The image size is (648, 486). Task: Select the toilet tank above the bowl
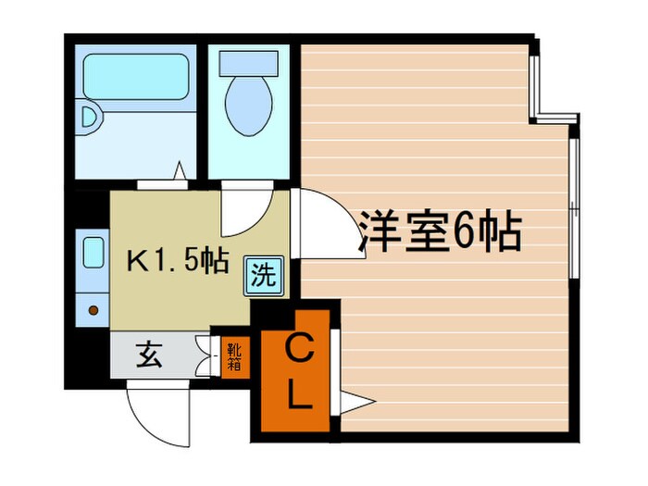pyautogui.click(x=247, y=61)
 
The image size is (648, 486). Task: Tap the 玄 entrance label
pyautogui.click(x=149, y=355)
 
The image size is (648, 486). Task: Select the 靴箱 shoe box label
pyautogui.click(x=235, y=355)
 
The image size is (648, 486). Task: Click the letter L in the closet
pyautogui.click(x=296, y=396)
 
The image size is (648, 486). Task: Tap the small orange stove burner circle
pyautogui.click(x=93, y=310)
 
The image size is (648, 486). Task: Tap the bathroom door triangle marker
pyautogui.click(x=181, y=172)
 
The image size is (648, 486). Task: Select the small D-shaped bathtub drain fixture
pyautogui.click(x=88, y=118)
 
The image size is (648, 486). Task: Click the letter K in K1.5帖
pyautogui.click(x=135, y=261)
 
